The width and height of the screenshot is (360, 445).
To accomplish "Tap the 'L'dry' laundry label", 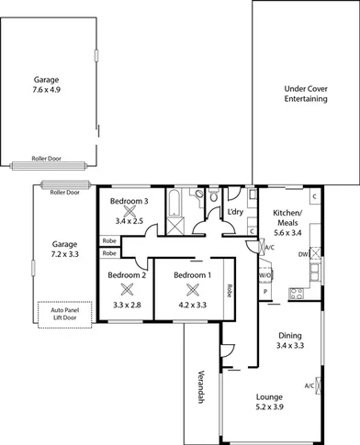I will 235,214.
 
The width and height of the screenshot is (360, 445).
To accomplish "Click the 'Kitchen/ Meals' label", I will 287,217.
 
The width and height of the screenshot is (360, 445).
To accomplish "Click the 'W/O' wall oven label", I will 264,274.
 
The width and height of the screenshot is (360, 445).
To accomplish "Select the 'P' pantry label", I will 265,292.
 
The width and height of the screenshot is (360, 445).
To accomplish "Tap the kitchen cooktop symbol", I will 297,294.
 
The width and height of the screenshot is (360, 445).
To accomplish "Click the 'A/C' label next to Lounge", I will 309,385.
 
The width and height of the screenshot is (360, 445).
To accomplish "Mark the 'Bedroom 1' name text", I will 192,274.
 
